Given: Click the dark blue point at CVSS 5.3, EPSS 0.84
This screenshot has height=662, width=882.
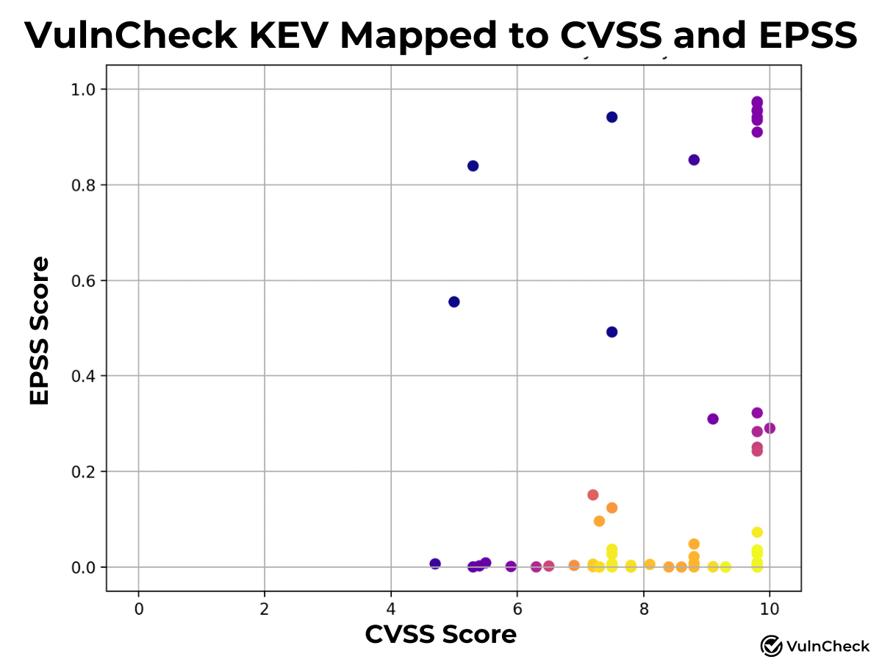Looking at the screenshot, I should point(473,165).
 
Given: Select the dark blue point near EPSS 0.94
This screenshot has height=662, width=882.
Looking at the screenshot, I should point(612,117).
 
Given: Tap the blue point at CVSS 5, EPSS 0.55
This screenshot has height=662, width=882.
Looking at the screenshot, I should point(453,302).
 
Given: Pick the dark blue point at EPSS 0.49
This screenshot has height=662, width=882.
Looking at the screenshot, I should point(612,332).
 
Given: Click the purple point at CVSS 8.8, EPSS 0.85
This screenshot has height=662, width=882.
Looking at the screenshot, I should point(694,160).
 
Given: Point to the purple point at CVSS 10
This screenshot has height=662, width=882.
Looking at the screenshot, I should point(770,428).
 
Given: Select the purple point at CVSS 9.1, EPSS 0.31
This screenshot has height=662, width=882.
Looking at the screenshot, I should point(712,419).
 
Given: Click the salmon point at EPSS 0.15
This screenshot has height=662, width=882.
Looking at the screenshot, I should point(592,494).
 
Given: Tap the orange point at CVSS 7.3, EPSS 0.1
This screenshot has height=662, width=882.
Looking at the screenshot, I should point(599,521).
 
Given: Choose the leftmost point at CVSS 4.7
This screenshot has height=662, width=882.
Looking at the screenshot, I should point(435,563).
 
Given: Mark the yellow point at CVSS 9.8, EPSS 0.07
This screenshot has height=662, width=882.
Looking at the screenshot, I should point(757,532).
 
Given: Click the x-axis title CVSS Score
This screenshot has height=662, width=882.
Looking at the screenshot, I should point(440,633).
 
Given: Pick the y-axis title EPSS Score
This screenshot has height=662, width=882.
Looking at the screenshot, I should point(40,330).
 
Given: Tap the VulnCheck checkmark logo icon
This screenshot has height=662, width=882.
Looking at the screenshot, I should point(771,646).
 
